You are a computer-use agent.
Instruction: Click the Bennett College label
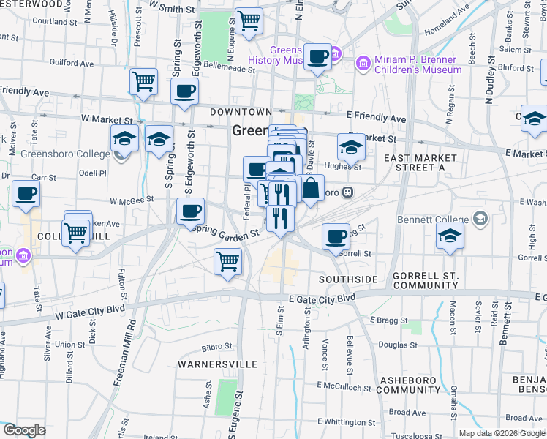tap(432, 219)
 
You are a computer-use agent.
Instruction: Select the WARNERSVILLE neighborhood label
tap(217, 364)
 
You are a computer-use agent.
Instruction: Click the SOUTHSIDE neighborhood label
tap(348, 279)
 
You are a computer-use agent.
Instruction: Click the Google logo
tap(23, 430)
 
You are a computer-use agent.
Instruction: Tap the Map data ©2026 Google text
tap(501, 433)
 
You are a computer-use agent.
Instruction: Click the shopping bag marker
tap(311, 188)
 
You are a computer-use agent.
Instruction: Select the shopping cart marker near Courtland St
tap(249, 20)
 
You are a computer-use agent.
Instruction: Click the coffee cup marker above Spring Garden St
tap(190, 211)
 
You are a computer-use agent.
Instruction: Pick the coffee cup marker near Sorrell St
tap(336, 236)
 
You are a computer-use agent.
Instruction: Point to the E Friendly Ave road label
tap(376, 118)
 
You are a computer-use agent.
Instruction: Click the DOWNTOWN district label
tap(241, 112)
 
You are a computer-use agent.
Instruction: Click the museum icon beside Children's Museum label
tap(362, 64)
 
